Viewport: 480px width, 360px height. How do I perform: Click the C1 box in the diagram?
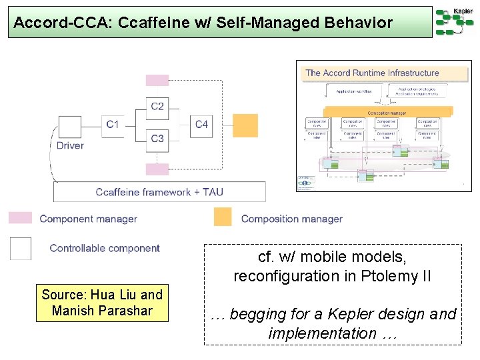pyautogui.click(x=112, y=124)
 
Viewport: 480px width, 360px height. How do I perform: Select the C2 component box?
pyautogui.click(x=157, y=106)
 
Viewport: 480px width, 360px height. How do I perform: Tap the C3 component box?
pyautogui.click(x=157, y=139)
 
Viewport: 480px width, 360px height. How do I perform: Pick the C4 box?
pyautogui.click(x=201, y=124)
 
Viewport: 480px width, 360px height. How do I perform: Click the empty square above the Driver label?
pyautogui.click(x=70, y=127)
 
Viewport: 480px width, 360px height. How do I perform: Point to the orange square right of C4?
pyautogui.click(x=245, y=125)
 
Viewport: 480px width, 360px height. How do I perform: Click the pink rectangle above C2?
pyautogui.click(x=157, y=80)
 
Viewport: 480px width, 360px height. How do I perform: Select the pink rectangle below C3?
pyautogui.click(x=157, y=169)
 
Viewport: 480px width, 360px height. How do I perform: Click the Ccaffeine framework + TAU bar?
pyautogui.click(x=159, y=192)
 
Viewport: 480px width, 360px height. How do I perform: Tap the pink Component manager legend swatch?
pyautogui.click(x=20, y=218)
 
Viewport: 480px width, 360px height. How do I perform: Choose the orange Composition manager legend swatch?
pyautogui.click(x=223, y=217)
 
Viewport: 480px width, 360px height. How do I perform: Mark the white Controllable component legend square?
pyautogui.click(x=21, y=248)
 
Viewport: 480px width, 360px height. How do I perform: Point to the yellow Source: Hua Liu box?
pyautogui.click(x=102, y=303)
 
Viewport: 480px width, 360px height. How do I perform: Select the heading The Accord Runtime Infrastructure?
pyautogui.click(x=372, y=73)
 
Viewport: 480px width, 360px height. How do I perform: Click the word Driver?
pyautogui.click(x=70, y=145)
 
